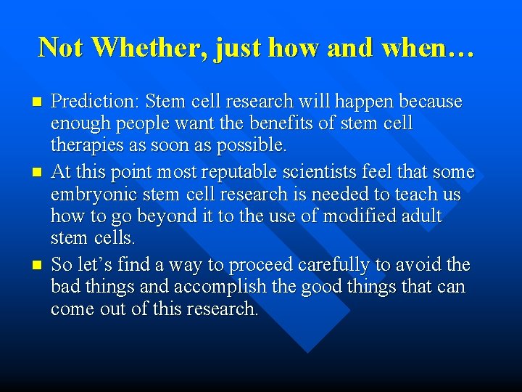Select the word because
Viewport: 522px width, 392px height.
click(x=428, y=102)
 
